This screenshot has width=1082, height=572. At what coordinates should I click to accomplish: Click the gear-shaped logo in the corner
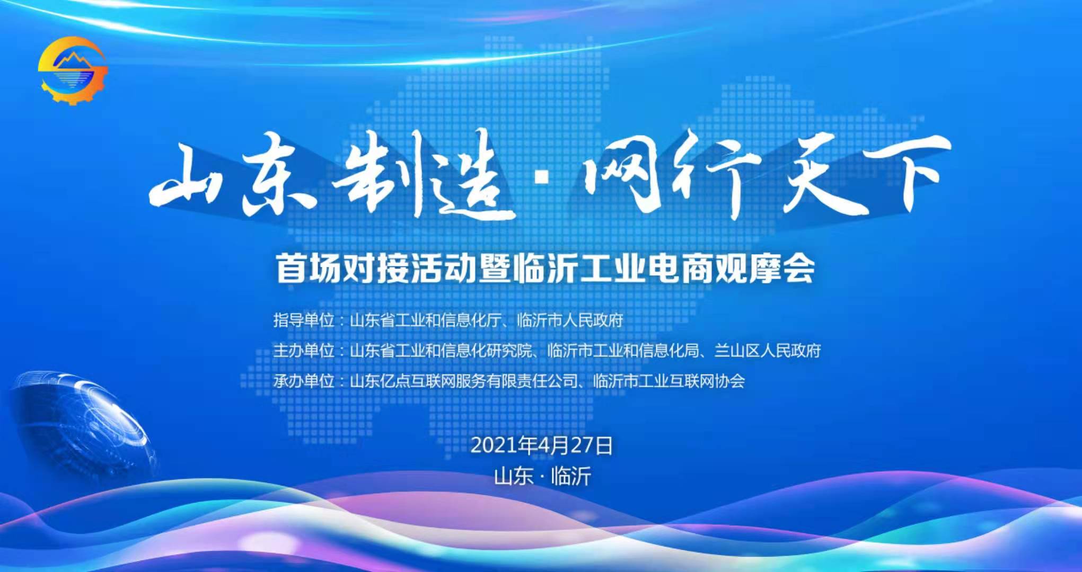[73, 70]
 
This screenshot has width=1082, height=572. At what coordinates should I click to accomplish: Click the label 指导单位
[304, 320]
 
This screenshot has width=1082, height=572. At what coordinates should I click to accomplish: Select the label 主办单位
[304, 351]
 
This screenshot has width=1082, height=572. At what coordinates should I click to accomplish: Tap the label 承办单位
[304, 381]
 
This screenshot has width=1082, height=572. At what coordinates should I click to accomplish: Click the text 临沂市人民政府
[570, 320]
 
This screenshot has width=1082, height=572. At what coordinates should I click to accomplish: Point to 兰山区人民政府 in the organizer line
[768, 351]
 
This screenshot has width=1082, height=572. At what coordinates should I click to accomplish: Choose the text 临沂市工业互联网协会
[669, 381]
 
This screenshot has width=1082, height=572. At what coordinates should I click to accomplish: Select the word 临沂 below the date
[571, 476]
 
